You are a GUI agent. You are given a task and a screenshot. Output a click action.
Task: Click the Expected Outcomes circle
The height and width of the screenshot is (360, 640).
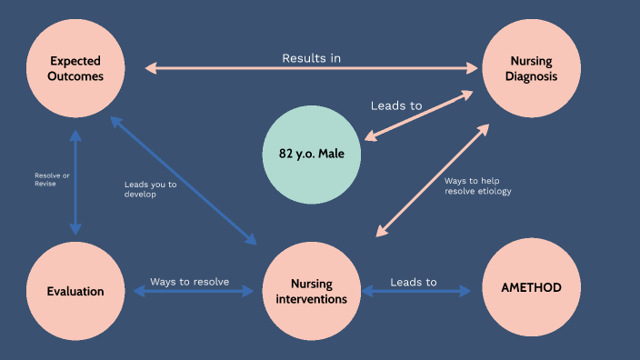(x=76, y=68)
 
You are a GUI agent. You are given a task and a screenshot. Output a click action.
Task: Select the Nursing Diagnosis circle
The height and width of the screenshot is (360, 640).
(x=531, y=68)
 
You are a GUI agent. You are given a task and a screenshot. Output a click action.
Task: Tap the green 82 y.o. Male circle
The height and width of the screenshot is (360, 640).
(x=312, y=154)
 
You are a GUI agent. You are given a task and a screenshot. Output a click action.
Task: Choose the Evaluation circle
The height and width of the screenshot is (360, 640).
(x=75, y=291)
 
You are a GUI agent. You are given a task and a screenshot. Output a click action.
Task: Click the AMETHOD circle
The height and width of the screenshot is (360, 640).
(x=531, y=287)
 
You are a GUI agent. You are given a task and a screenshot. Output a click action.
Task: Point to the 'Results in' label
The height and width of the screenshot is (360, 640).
(x=311, y=58)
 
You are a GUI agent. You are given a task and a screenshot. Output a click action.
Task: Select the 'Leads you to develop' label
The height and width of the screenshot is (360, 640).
(x=150, y=189)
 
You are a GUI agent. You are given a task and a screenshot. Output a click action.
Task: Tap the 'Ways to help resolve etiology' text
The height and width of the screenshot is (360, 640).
(x=477, y=185)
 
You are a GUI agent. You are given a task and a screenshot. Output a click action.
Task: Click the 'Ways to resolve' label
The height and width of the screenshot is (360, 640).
(x=189, y=281)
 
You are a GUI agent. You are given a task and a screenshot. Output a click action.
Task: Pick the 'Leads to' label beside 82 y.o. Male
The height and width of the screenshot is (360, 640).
(x=396, y=105)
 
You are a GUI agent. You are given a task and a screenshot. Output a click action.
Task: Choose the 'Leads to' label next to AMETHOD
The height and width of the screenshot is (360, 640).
(x=414, y=282)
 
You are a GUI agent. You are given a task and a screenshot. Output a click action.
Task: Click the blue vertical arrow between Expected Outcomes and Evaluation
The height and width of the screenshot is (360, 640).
(x=75, y=182)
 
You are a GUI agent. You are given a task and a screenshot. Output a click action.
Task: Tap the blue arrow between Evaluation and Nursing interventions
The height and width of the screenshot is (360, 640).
(x=193, y=292)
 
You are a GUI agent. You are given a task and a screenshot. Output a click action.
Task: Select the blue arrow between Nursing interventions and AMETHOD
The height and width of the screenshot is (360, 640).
(x=416, y=292)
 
